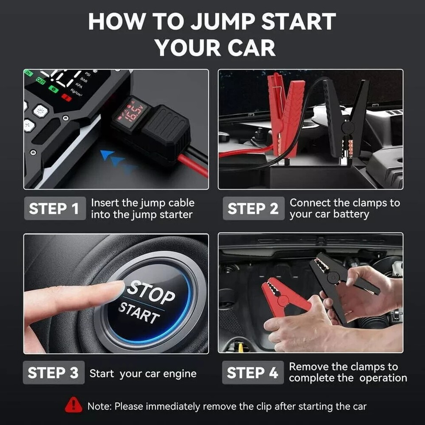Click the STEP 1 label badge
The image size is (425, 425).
[54, 209]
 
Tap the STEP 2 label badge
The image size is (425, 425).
[253, 209]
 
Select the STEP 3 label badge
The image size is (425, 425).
[54, 373]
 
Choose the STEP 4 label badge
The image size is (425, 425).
[252, 373]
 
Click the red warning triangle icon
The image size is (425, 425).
[73, 406]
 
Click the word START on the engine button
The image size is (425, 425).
[139, 313]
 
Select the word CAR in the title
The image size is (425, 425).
[249, 47]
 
